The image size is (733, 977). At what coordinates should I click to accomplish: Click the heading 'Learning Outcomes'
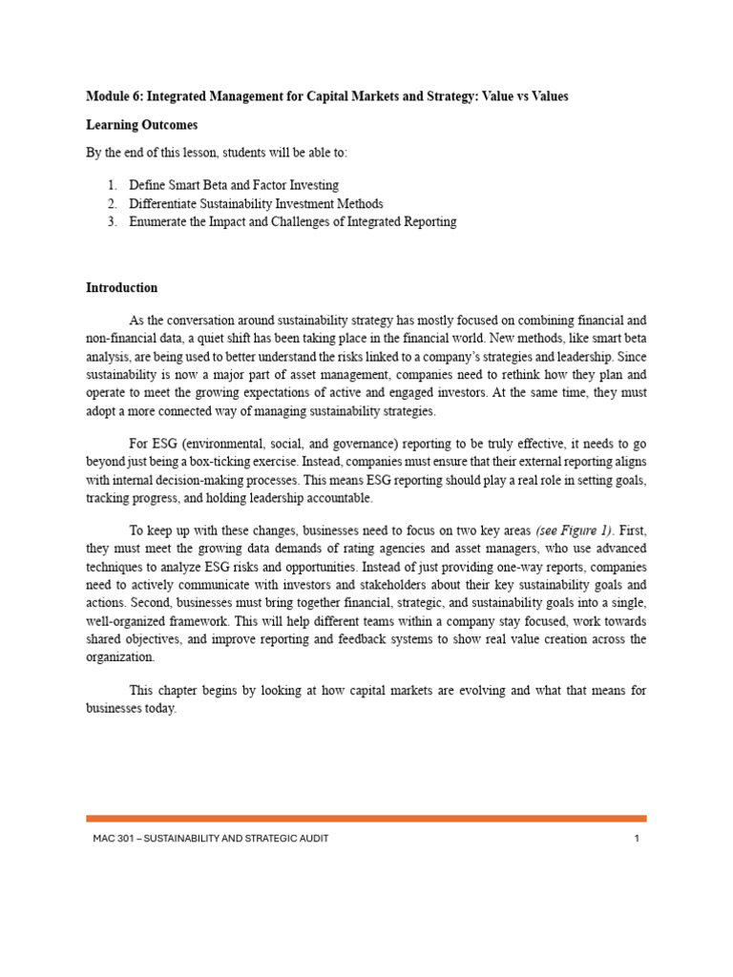point(142,125)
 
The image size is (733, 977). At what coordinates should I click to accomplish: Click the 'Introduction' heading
point(122,287)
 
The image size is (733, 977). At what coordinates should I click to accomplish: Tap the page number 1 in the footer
point(636,839)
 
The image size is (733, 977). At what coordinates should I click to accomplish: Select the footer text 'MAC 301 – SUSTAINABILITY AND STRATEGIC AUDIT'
point(207,839)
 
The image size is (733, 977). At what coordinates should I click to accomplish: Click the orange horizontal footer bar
point(366,818)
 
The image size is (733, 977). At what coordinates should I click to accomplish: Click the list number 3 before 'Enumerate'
point(111,221)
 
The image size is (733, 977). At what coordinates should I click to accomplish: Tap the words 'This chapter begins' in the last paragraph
point(182,690)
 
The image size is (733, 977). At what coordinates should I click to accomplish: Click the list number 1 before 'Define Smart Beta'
point(111,185)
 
